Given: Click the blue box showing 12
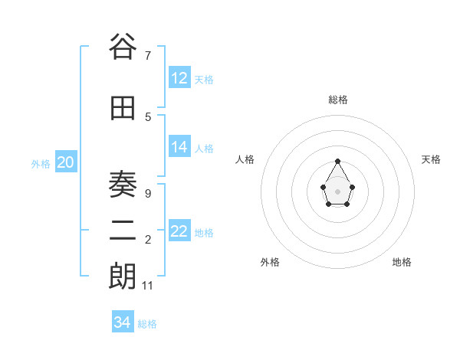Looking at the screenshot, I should (x=179, y=78).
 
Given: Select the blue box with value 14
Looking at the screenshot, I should (x=179, y=147).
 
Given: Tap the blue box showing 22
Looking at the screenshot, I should (x=179, y=231).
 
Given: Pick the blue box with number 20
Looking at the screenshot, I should (x=66, y=162).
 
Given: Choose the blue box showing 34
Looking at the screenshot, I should (x=123, y=322).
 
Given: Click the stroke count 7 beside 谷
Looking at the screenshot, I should (x=147, y=55).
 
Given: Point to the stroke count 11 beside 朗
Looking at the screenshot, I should (x=148, y=286).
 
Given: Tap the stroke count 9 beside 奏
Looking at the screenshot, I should (x=147, y=193).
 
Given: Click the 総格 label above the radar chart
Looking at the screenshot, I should (x=338, y=100).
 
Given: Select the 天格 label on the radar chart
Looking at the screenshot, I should (x=431, y=159).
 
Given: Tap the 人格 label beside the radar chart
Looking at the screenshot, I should (x=245, y=159).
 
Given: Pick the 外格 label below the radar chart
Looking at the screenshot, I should (x=270, y=262).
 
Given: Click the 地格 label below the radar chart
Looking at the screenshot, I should (x=402, y=262).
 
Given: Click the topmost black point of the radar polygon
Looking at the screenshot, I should (x=338, y=161).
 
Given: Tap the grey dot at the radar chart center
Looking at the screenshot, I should (x=338, y=191).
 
